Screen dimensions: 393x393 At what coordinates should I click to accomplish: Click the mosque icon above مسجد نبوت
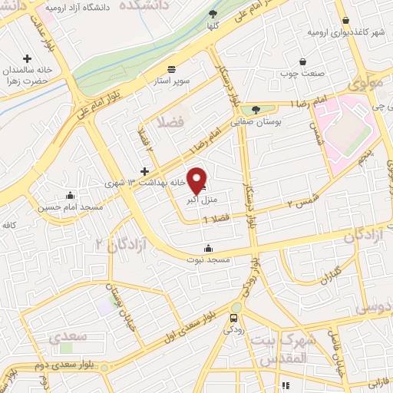(x=208, y=248)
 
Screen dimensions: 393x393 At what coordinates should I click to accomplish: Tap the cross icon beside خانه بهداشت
(x=144, y=170)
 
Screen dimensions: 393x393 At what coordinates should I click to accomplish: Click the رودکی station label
(x=233, y=330)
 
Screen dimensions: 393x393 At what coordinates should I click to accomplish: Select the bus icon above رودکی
(x=233, y=318)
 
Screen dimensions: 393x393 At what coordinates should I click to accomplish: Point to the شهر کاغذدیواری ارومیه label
(x=345, y=33)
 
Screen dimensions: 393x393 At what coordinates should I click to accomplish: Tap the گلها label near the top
(x=213, y=25)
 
